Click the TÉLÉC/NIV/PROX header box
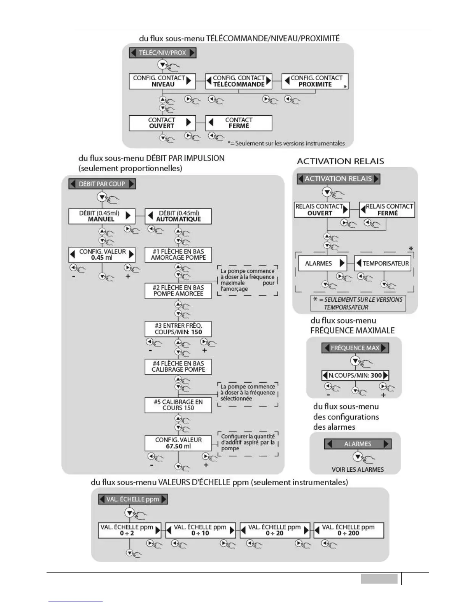click(163, 53)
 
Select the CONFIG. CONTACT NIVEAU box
click(162, 81)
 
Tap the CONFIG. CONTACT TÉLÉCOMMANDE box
click(238, 81)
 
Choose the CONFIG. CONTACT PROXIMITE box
click(315, 81)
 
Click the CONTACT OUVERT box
click(162, 123)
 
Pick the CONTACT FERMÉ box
click(238, 123)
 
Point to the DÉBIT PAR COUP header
click(102, 184)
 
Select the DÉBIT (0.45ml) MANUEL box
click(101, 216)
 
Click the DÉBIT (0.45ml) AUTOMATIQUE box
click(178, 216)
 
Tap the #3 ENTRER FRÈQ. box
click(178, 329)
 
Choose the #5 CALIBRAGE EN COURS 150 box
click(178, 405)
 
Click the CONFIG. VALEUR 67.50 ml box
click(178, 443)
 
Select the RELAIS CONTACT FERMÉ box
click(387, 210)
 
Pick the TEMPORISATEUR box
click(383, 263)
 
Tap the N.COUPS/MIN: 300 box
click(355, 375)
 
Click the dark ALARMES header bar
click(357, 444)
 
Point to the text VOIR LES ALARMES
click(357, 469)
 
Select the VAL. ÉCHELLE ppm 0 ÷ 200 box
click(348, 530)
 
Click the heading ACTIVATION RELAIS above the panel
click(340, 161)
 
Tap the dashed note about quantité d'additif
click(248, 443)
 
